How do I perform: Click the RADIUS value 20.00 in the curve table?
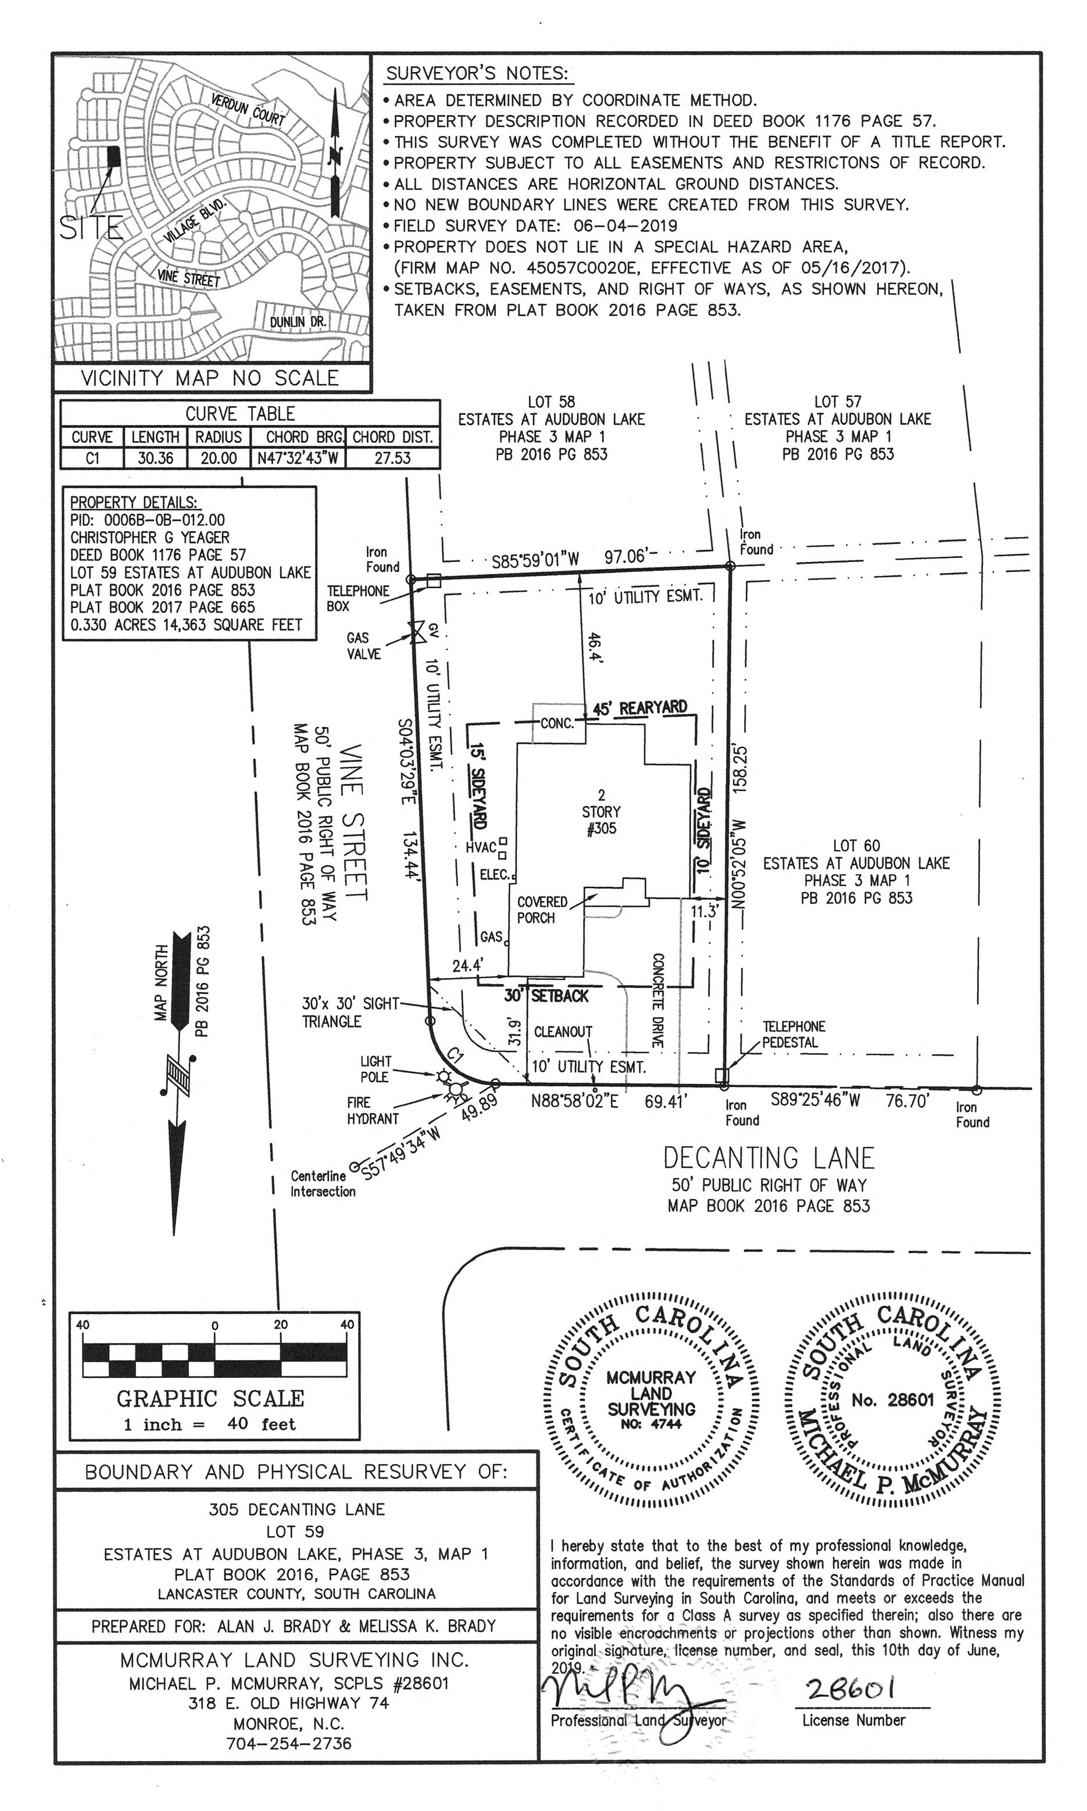(x=219, y=459)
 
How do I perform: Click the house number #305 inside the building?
(x=602, y=829)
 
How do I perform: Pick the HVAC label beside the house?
(x=481, y=848)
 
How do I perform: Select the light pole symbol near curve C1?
(x=443, y=1076)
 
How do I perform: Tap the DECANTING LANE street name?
(x=768, y=1158)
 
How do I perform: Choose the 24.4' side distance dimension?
(x=467, y=966)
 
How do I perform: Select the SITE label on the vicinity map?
(x=90, y=228)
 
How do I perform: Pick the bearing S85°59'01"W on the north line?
(x=535, y=561)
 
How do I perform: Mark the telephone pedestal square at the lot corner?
(x=722, y=1076)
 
